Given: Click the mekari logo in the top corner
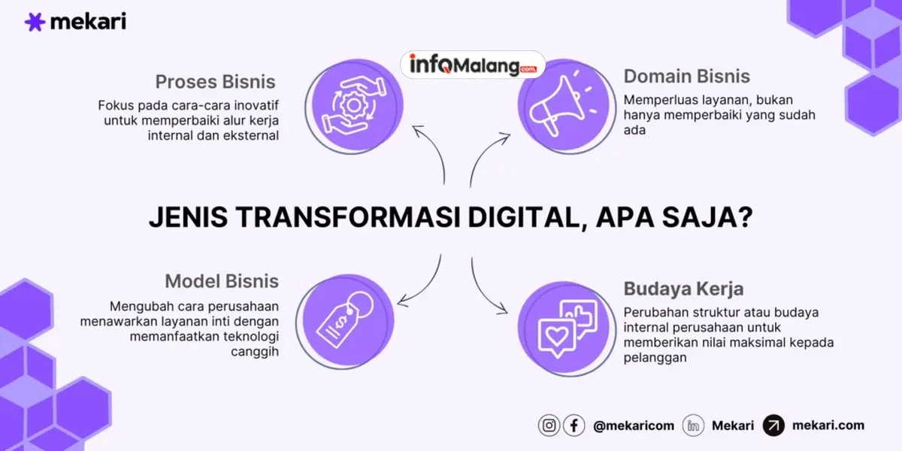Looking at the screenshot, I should pyautogui.click(x=75, y=22).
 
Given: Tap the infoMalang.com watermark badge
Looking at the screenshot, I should pyautogui.click(x=473, y=65).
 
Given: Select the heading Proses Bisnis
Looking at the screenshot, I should pyautogui.click(x=216, y=81).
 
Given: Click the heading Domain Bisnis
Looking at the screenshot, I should pyautogui.click(x=687, y=76).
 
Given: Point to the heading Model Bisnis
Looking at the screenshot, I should pyautogui.click(x=222, y=281).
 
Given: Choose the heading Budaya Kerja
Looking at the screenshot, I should pyautogui.click(x=684, y=289).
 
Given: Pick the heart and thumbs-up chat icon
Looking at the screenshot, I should pyautogui.click(x=568, y=325).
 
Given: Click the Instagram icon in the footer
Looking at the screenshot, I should pyautogui.click(x=549, y=425).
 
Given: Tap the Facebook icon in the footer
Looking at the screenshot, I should pyautogui.click(x=574, y=425).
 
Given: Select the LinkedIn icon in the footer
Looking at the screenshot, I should pyautogui.click(x=693, y=425).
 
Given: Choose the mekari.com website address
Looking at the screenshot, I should pyautogui.click(x=828, y=425).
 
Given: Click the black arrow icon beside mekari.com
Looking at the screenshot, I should pyautogui.click(x=773, y=425).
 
